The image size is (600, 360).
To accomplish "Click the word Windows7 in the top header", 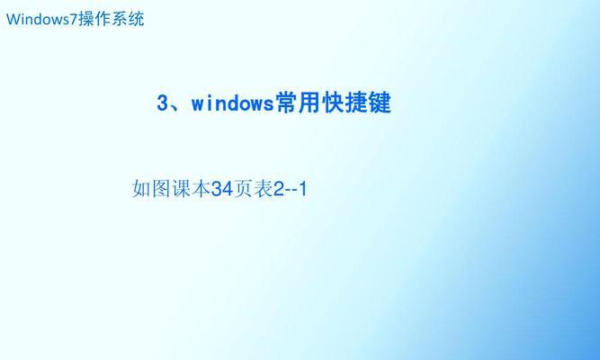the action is pos(42,19).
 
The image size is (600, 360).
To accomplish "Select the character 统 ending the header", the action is pos(136,19).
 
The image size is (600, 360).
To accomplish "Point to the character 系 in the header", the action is pos(120,19).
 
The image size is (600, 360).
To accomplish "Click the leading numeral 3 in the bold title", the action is pos(162,103).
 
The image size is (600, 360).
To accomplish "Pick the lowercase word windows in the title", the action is pos(233,103).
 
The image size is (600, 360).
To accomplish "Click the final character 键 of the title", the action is pos(380,103).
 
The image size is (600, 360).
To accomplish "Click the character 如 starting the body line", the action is pos(141,188).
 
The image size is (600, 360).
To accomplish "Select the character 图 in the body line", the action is pos(161,188).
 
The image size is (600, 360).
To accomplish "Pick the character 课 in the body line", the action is pos(181,188).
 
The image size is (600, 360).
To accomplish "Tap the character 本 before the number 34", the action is pos(201,188).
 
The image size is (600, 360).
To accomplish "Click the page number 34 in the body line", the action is pos(222,189).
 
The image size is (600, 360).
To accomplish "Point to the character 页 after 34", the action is pos(243,188).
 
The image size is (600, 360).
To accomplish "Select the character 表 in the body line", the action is pos(263,188).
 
